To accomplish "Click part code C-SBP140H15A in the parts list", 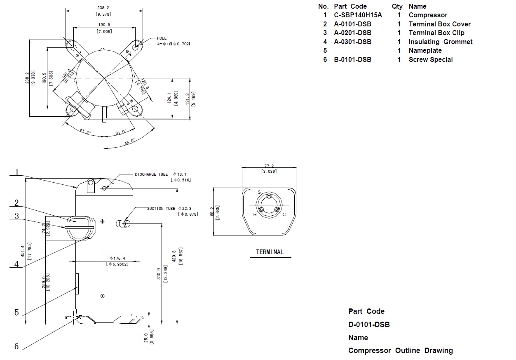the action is [x=358, y=15].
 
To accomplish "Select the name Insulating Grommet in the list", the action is [x=441, y=42].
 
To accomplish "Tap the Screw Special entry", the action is [x=431, y=60].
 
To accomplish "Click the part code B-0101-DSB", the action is [x=352, y=60].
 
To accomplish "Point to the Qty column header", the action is [x=397, y=7].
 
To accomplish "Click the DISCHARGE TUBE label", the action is [x=151, y=174].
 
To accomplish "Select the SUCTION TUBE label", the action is [x=161, y=209].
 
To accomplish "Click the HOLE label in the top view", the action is [x=162, y=38].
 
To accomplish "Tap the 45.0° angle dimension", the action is [x=130, y=141].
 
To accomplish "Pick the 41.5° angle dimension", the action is [x=85, y=132].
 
